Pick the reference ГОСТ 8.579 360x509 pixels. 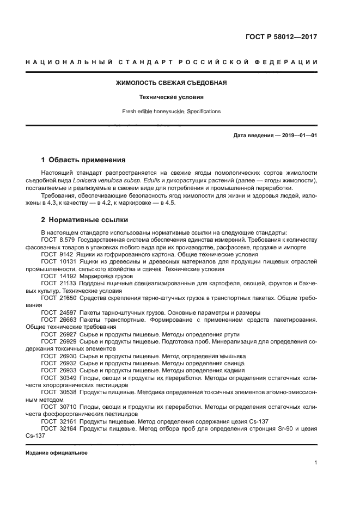click(x=58, y=239)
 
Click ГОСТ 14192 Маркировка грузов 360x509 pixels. click(x=86, y=276)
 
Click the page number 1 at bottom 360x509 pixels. click(x=315, y=463)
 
